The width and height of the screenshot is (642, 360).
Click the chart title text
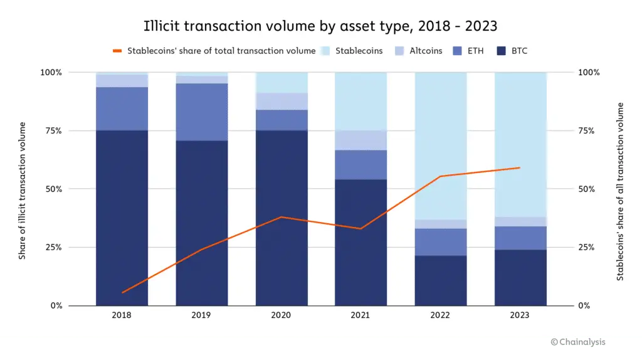tap(320, 26)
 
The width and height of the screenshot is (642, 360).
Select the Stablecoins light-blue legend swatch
tap(326, 51)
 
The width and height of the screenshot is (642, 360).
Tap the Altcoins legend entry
tap(418, 51)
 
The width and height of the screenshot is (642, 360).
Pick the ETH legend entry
tap(467, 51)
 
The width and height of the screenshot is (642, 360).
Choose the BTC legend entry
tap(511, 51)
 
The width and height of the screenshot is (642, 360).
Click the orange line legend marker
tap(117, 51)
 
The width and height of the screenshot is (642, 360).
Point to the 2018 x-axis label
tap(122, 315)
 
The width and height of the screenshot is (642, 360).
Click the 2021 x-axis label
tap(360, 315)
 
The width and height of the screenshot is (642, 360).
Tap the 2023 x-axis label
tap(520, 315)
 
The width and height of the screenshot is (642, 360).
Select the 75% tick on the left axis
tap(51, 130)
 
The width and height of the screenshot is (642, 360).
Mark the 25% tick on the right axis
tap(588, 247)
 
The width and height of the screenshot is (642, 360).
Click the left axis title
tap(23, 190)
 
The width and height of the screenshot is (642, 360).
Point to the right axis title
tap(620, 191)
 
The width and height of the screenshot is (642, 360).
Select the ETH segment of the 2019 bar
tap(201, 112)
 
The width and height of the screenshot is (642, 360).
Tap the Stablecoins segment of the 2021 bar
tap(360, 101)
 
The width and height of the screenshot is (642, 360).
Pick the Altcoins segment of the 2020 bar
tap(281, 101)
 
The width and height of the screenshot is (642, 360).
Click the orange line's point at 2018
tap(123, 292)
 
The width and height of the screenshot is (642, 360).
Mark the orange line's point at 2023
tap(520, 167)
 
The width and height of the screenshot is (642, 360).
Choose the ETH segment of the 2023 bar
tap(520, 238)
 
